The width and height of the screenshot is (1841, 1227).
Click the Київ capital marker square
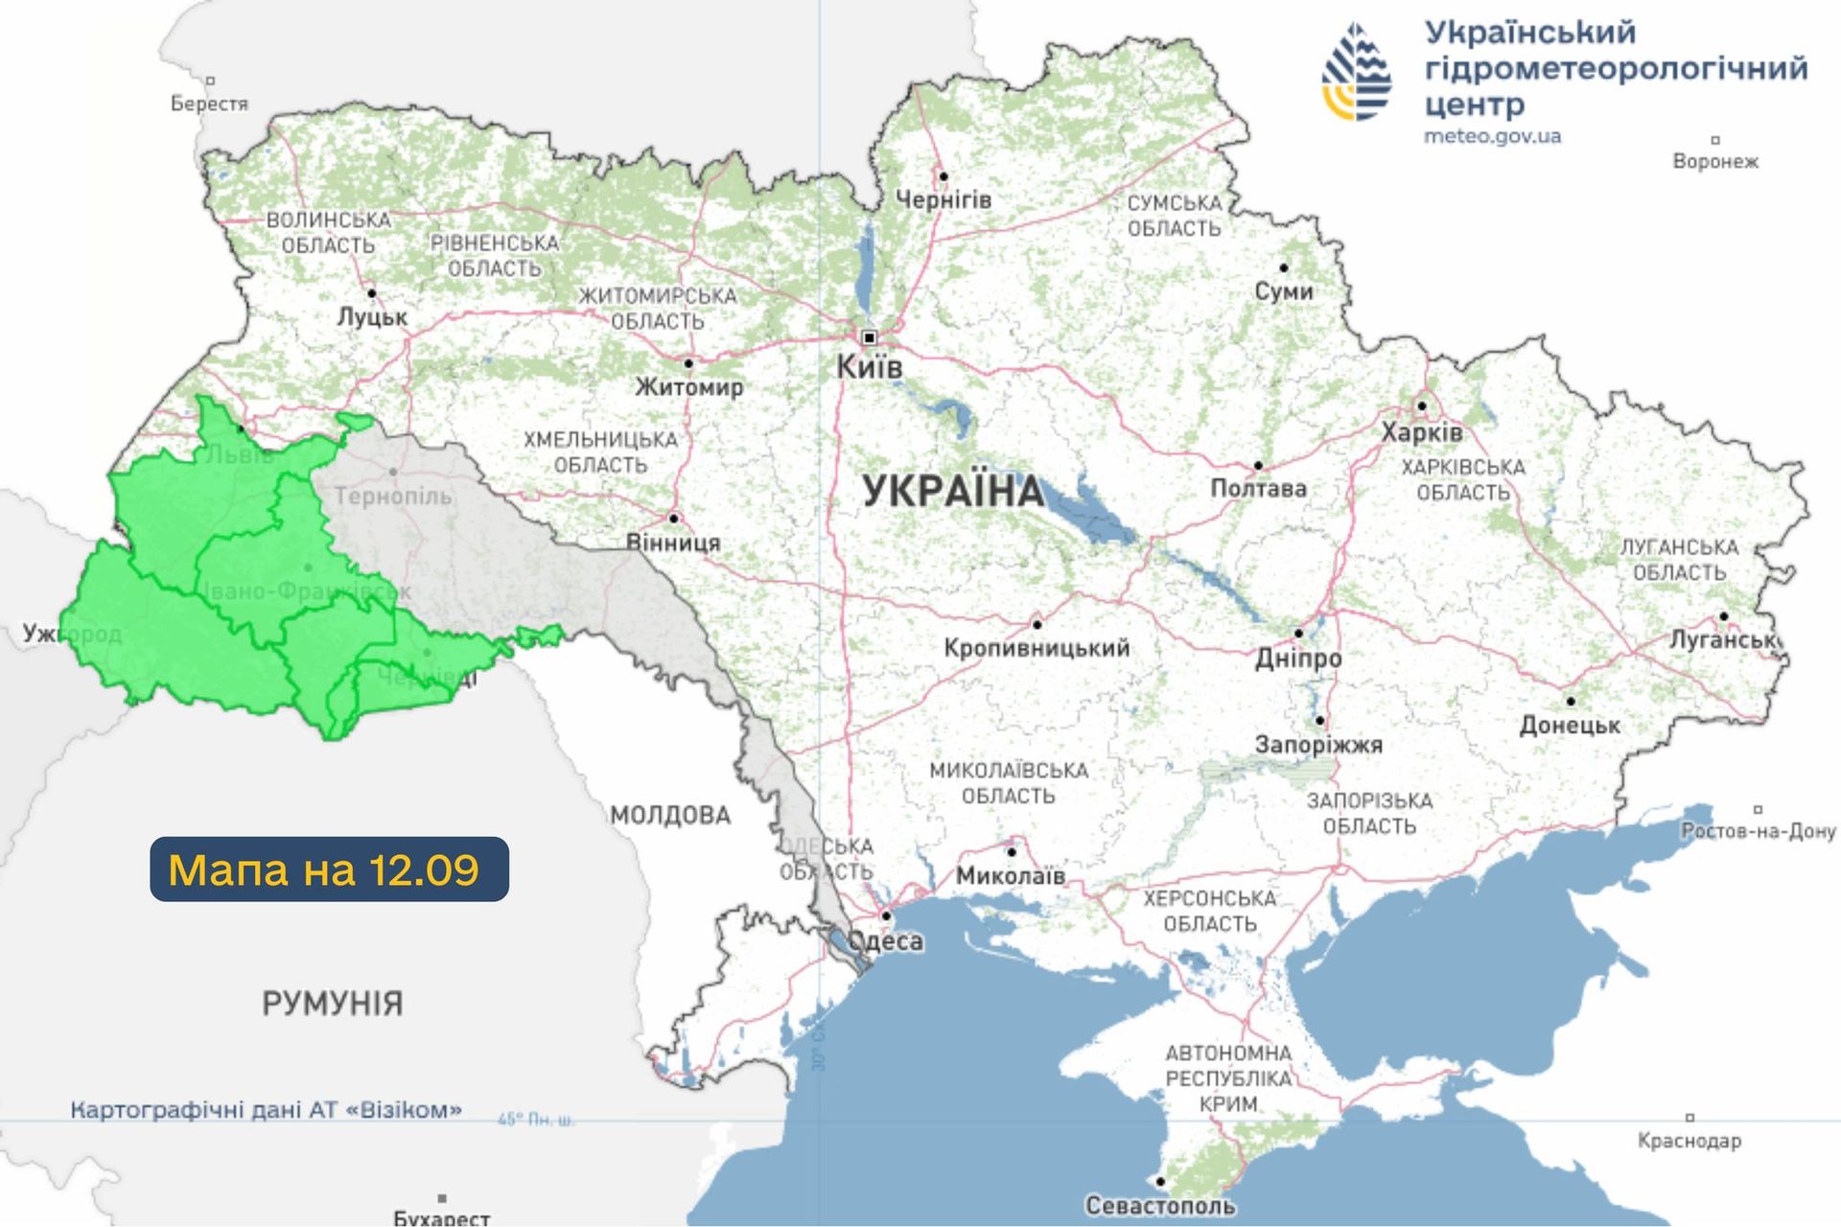pos(869,337)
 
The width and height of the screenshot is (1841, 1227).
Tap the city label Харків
pos(1421,432)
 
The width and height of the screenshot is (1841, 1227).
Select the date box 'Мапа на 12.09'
pos(329,869)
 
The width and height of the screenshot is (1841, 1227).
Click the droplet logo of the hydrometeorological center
pos(1356,72)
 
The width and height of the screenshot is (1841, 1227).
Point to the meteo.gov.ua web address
pos(1492,136)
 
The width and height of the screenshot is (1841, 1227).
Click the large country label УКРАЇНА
pos(953,491)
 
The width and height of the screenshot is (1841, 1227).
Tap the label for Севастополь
pos(1159,1205)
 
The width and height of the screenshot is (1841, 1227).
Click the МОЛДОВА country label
pos(670,816)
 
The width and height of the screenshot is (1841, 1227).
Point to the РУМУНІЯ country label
pos(332,1004)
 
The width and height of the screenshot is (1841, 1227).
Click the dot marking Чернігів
pos(944,176)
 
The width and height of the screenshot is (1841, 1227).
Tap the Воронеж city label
pos(1714,161)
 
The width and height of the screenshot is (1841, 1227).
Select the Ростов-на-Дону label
pos(1758,831)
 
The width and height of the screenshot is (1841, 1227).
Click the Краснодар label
pos(1689,1141)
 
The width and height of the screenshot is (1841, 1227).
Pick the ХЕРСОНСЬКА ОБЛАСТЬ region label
pos(1209,911)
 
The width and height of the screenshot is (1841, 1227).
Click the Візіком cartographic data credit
pos(266,1110)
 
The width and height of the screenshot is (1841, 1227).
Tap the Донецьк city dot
pos(1571,701)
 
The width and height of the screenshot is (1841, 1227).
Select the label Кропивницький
pos(1037,647)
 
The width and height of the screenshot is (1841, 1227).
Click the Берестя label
pos(209,103)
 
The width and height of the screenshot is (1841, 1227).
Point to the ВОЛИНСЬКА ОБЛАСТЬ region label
pos(328,232)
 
